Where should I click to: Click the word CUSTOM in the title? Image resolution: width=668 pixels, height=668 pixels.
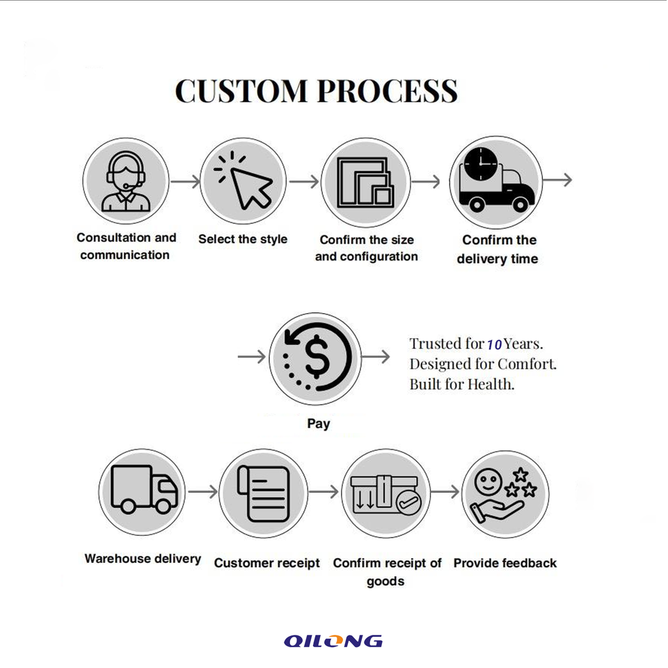point(241,91)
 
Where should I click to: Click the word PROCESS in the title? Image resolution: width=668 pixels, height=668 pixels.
point(388,91)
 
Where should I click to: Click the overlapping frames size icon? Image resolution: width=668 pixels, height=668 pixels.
point(365,182)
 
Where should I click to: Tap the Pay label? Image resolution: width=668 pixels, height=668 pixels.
point(318,423)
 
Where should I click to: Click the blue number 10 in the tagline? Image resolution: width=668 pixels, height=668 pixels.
point(494,344)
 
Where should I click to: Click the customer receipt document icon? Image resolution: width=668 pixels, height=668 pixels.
point(263,492)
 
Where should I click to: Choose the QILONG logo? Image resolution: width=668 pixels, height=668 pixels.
point(333,641)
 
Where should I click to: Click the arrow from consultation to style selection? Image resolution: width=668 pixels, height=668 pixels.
point(185,182)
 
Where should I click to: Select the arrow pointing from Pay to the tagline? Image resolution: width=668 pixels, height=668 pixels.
point(376,357)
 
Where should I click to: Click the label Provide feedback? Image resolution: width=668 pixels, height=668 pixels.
point(504,563)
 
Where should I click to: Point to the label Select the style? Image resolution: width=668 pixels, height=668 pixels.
point(242,239)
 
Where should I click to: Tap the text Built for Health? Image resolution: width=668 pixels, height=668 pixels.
point(461,383)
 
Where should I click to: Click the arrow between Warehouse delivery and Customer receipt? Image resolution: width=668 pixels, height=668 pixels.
point(202,492)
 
